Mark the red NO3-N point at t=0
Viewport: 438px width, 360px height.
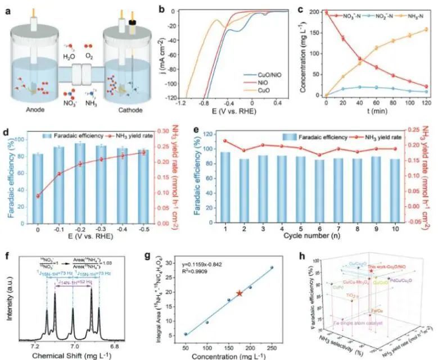326,12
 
